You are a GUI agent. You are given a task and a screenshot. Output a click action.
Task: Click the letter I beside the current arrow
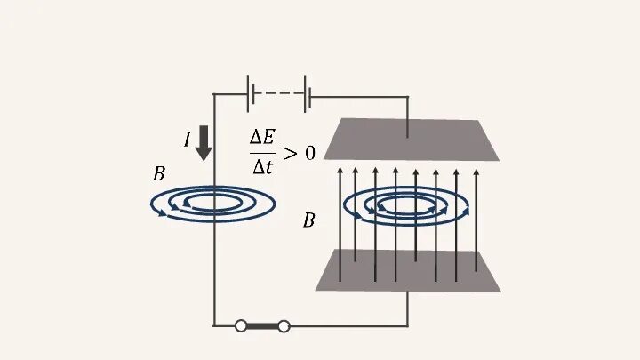click(x=188, y=140)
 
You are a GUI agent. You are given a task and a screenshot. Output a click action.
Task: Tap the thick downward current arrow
click(x=204, y=142)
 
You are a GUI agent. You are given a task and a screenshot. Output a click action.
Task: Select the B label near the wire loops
click(x=158, y=174)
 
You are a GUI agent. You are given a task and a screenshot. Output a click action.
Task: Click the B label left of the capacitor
click(x=308, y=220)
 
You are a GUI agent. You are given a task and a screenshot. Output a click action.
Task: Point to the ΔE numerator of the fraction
click(x=263, y=137)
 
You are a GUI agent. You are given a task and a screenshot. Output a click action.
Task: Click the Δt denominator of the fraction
click(x=263, y=165)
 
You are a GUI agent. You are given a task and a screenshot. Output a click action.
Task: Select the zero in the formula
click(x=309, y=153)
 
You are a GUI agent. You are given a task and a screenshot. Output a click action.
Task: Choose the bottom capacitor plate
click(x=408, y=270)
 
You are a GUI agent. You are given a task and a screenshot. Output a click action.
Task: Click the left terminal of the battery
click(x=250, y=93)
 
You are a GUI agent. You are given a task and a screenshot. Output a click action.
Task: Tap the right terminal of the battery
click(x=307, y=93)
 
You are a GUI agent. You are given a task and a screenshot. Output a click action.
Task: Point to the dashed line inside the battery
click(x=278, y=93)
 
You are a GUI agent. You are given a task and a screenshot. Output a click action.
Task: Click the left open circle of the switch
click(x=241, y=326)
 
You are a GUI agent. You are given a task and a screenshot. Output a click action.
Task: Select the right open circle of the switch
click(x=284, y=326)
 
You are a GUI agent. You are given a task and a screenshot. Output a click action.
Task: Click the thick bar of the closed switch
click(x=262, y=326)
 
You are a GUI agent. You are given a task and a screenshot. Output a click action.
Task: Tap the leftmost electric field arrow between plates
click(x=340, y=213)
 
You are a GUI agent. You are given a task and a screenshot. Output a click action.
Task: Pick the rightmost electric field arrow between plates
click(x=476, y=213)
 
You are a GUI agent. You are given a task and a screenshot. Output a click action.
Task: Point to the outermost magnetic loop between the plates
click(x=346, y=206)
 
